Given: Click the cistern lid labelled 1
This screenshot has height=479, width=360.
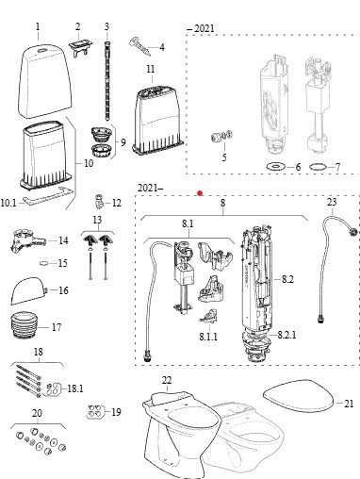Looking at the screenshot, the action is pyautogui.click(x=44, y=81).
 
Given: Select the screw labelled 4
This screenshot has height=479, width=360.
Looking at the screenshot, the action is pyautogui.click(x=140, y=46).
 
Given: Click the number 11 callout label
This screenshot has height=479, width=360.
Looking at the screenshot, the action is pyautogui.click(x=151, y=69).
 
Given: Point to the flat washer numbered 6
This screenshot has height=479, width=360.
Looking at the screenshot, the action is pyautogui.click(x=275, y=166).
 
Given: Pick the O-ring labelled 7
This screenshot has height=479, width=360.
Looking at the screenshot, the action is pyautogui.click(x=319, y=167).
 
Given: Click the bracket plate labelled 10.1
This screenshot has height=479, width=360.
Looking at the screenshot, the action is pyautogui.click(x=49, y=195).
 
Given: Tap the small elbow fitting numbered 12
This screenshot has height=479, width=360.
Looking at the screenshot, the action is pyautogui.click(x=98, y=201).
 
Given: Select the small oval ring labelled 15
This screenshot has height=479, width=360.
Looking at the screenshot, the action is pyautogui.click(x=45, y=263).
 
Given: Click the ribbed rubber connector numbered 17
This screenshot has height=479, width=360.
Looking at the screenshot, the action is pyautogui.click(x=25, y=325).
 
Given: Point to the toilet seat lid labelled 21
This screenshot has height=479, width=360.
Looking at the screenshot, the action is pyautogui.click(x=298, y=395).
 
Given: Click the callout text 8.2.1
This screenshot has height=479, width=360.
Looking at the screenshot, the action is pyautogui.click(x=286, y=335).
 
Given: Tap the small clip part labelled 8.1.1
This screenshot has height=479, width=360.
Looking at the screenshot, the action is pyautogui.click(x=209, y=316).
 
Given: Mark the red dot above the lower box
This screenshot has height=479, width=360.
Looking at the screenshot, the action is pyautogui.click(x=200, y=193).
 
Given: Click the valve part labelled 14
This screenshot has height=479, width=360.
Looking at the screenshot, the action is pyautogui.click(x=27, y=241).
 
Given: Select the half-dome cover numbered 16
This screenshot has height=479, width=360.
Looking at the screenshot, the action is pyautogui.click(x=29, y=291).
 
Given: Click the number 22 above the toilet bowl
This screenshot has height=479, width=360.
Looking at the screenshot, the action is pyautogui.click(x=167, y=380).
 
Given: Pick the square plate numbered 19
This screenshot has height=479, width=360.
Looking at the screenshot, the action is pyautogui.click(x=95, y=412).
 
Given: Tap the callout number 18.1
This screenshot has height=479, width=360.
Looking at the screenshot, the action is pyautogui.click(x=74, y=388).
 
